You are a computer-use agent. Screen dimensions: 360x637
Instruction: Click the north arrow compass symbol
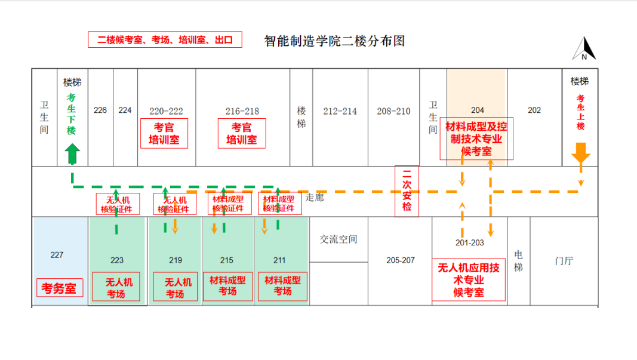tap(584, 49)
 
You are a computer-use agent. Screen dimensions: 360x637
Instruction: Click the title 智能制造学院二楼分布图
tap(335, 41)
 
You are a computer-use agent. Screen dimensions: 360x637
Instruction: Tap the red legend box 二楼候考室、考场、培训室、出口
tap(165, 39)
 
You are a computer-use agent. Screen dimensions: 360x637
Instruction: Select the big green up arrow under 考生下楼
tap(72, 154)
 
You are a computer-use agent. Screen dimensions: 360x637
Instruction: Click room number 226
tap(100, 110)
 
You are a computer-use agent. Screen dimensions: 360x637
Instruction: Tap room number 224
tap(125, 110)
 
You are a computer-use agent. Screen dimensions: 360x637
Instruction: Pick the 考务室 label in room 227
tap(59, 288)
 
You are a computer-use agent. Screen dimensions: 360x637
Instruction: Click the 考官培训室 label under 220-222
tap(164, 134)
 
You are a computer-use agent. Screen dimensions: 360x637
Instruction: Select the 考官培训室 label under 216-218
tap(242, 134)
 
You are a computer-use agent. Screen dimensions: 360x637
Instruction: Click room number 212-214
tap(340, 111)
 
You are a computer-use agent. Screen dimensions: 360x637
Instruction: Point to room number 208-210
tap(393, 111)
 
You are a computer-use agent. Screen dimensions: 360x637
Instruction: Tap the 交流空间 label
tap(338, 239)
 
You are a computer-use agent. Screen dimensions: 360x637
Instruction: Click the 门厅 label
tap(564, 261)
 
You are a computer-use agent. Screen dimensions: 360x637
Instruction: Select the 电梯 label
tap(518, 261)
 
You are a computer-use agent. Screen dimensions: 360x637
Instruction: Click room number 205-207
tap(400, 260)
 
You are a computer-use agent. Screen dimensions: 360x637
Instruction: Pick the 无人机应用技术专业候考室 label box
tap(469, 279)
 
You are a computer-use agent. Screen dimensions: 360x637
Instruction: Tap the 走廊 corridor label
tap(315, 198)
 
